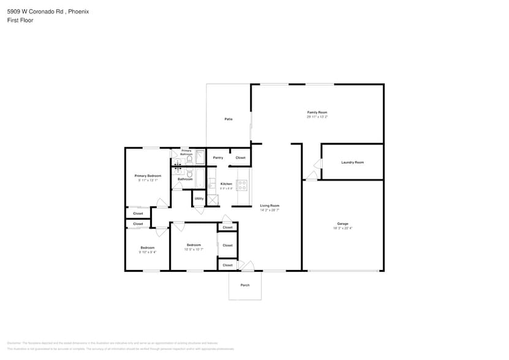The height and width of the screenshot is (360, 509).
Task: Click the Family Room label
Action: [317, 112]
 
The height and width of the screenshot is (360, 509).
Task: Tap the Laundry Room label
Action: [352, 162]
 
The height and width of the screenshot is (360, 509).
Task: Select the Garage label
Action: [342, 223]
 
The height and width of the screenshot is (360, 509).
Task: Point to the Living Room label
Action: [270, 206]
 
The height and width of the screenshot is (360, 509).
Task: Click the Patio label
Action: [228, 119]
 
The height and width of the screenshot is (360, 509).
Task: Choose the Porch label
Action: [245, 285]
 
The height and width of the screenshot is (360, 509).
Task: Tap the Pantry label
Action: [218, 158]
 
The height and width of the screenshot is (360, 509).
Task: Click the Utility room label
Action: [199, 198]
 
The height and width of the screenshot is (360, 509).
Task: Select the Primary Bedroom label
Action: [148, 176]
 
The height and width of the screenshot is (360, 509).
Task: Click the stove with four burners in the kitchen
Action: [242, 184]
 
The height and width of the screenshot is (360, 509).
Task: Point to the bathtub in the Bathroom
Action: [200, 178]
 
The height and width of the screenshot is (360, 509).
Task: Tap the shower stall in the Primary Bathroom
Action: [200, 158]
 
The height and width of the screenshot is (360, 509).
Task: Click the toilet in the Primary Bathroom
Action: [189, 159]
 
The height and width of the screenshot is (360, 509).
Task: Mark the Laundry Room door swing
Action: [317, 164]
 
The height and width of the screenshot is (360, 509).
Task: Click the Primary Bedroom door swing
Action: [162, 203]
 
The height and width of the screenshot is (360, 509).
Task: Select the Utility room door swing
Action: [199, 211]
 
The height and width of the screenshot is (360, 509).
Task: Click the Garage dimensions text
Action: [342, 228]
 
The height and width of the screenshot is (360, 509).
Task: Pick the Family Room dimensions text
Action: [317, 116]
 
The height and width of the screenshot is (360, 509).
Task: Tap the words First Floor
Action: [20, 20]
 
